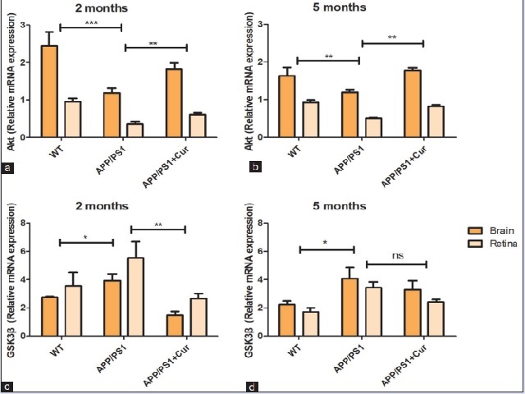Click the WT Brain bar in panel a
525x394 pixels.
49,92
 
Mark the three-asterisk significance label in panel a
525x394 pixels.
90,24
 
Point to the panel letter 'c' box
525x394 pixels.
8,386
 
